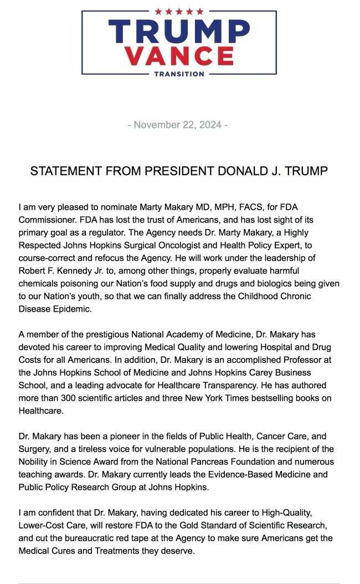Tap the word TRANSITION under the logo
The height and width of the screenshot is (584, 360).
point(179,74)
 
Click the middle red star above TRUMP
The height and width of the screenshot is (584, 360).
point(179,11)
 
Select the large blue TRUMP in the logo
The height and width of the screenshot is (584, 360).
point(179,32)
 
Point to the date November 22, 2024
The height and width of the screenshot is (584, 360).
point(178,125)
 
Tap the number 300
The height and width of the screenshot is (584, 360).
point(64,396)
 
